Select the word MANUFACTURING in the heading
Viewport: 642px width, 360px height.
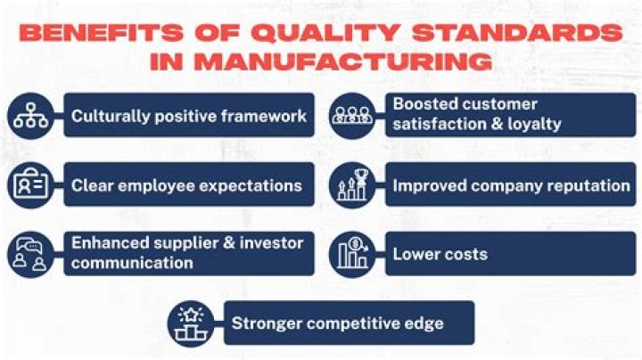346,62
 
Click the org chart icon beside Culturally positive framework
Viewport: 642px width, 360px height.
31,116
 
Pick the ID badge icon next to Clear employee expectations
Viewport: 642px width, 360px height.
31,185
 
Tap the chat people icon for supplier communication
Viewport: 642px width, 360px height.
31,254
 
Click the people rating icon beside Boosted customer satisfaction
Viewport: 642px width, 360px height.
351,116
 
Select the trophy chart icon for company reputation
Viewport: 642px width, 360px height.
351,185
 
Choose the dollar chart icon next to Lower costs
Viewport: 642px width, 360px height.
351,254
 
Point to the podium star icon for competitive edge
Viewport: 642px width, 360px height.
192,323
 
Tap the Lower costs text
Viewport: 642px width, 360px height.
440,254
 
